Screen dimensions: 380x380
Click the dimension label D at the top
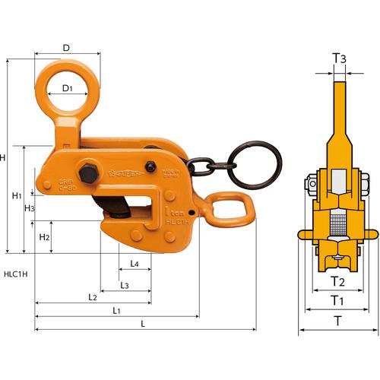[66, 48]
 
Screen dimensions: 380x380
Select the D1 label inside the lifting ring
[67, 88]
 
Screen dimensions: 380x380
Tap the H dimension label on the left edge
[3, 157]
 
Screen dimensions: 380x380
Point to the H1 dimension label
[17, 195]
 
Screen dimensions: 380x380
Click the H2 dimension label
[43, 237]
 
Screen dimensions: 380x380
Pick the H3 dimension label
[29, 208]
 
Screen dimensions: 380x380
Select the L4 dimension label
[134, 264]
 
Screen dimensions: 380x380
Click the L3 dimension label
[125, 285]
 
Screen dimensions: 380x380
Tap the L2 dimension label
[91, 297]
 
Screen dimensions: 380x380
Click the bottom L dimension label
[144, 325]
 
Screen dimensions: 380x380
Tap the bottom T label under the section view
[338, 321]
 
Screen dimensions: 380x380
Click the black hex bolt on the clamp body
[87, 172]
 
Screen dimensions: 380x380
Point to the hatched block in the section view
[339, 224]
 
